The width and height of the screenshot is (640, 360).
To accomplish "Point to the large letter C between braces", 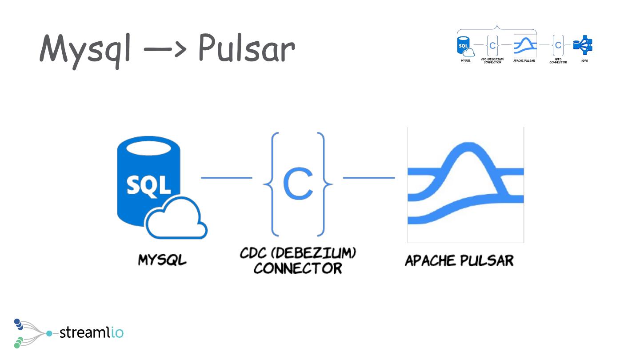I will point(298,183).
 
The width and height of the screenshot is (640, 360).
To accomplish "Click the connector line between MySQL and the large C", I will point(227,178).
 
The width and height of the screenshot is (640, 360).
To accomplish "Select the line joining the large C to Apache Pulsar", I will point(369,178).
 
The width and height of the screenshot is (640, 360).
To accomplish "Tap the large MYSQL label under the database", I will point(162,260).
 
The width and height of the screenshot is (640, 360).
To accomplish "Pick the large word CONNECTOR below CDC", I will point(298,268).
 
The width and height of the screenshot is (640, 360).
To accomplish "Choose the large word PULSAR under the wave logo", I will point(487,260).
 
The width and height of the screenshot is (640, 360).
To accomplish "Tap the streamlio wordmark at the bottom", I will point(91,332).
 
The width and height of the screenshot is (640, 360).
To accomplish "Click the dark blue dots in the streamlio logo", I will point(19,324).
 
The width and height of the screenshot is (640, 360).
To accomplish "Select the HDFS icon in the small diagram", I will point(583,45).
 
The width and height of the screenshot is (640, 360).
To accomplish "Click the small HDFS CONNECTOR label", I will point(558,60).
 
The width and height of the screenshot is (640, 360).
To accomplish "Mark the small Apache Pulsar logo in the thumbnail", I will point(525,45).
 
